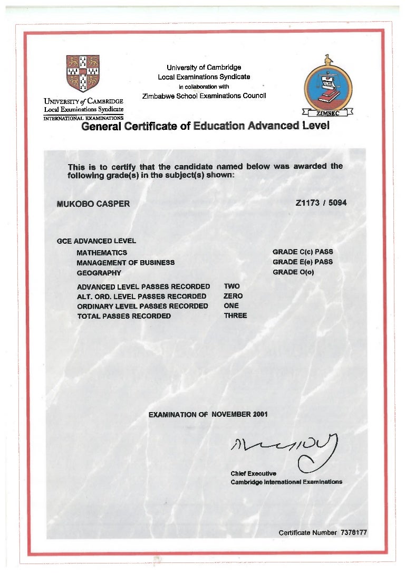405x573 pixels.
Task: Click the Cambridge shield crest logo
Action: click(x=83, y=73)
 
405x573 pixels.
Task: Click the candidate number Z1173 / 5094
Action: click(x=321, y=203)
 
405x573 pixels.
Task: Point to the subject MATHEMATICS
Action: click(x=102, y=253)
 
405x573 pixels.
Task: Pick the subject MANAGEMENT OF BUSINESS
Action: click(x=126, y=263)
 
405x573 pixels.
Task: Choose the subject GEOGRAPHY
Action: click(x=99, y=273)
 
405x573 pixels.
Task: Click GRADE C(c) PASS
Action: click(x=303, y=252)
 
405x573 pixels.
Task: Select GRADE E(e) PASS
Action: click(x=303, y=262)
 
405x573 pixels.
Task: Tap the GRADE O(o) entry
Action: click(x=293, y=272)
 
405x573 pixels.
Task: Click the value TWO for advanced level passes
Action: click(x=232, y=286)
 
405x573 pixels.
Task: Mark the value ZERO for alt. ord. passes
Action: click(x=233, y=296)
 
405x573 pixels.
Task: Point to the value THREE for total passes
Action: click(x=235, y=316)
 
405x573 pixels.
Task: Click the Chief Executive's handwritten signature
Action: click(x=285, y=449)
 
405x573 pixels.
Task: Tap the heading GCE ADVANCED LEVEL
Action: click(x=97, y=241)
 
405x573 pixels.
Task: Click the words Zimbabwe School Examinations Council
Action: click(x=204, y=96)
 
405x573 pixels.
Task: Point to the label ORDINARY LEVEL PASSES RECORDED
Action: click(x=142, y=306)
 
